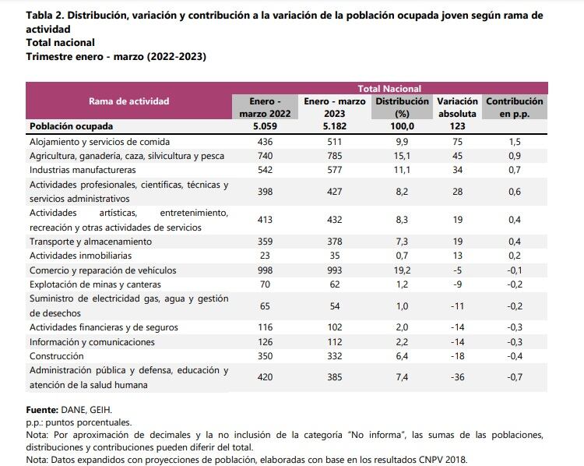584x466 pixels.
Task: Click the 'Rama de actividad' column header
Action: coord(128,101)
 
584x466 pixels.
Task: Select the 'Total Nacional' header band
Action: coord(389,89)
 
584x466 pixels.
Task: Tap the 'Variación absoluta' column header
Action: coord(457,108)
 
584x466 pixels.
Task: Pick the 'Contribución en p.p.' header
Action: coord(515,108)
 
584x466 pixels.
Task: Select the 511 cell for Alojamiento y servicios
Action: coord(334,142)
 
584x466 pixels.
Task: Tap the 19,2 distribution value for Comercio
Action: coord(402,270)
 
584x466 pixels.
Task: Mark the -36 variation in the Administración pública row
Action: coord(457,377)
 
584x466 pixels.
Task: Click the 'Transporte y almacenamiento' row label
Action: coord(90,242)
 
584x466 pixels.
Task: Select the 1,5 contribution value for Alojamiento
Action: coord(515,142)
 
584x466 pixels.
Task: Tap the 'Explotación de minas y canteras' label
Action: coord(96,284)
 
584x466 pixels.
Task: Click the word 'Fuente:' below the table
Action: coord(43,409)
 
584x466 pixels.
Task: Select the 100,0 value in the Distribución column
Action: coord(402,126)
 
